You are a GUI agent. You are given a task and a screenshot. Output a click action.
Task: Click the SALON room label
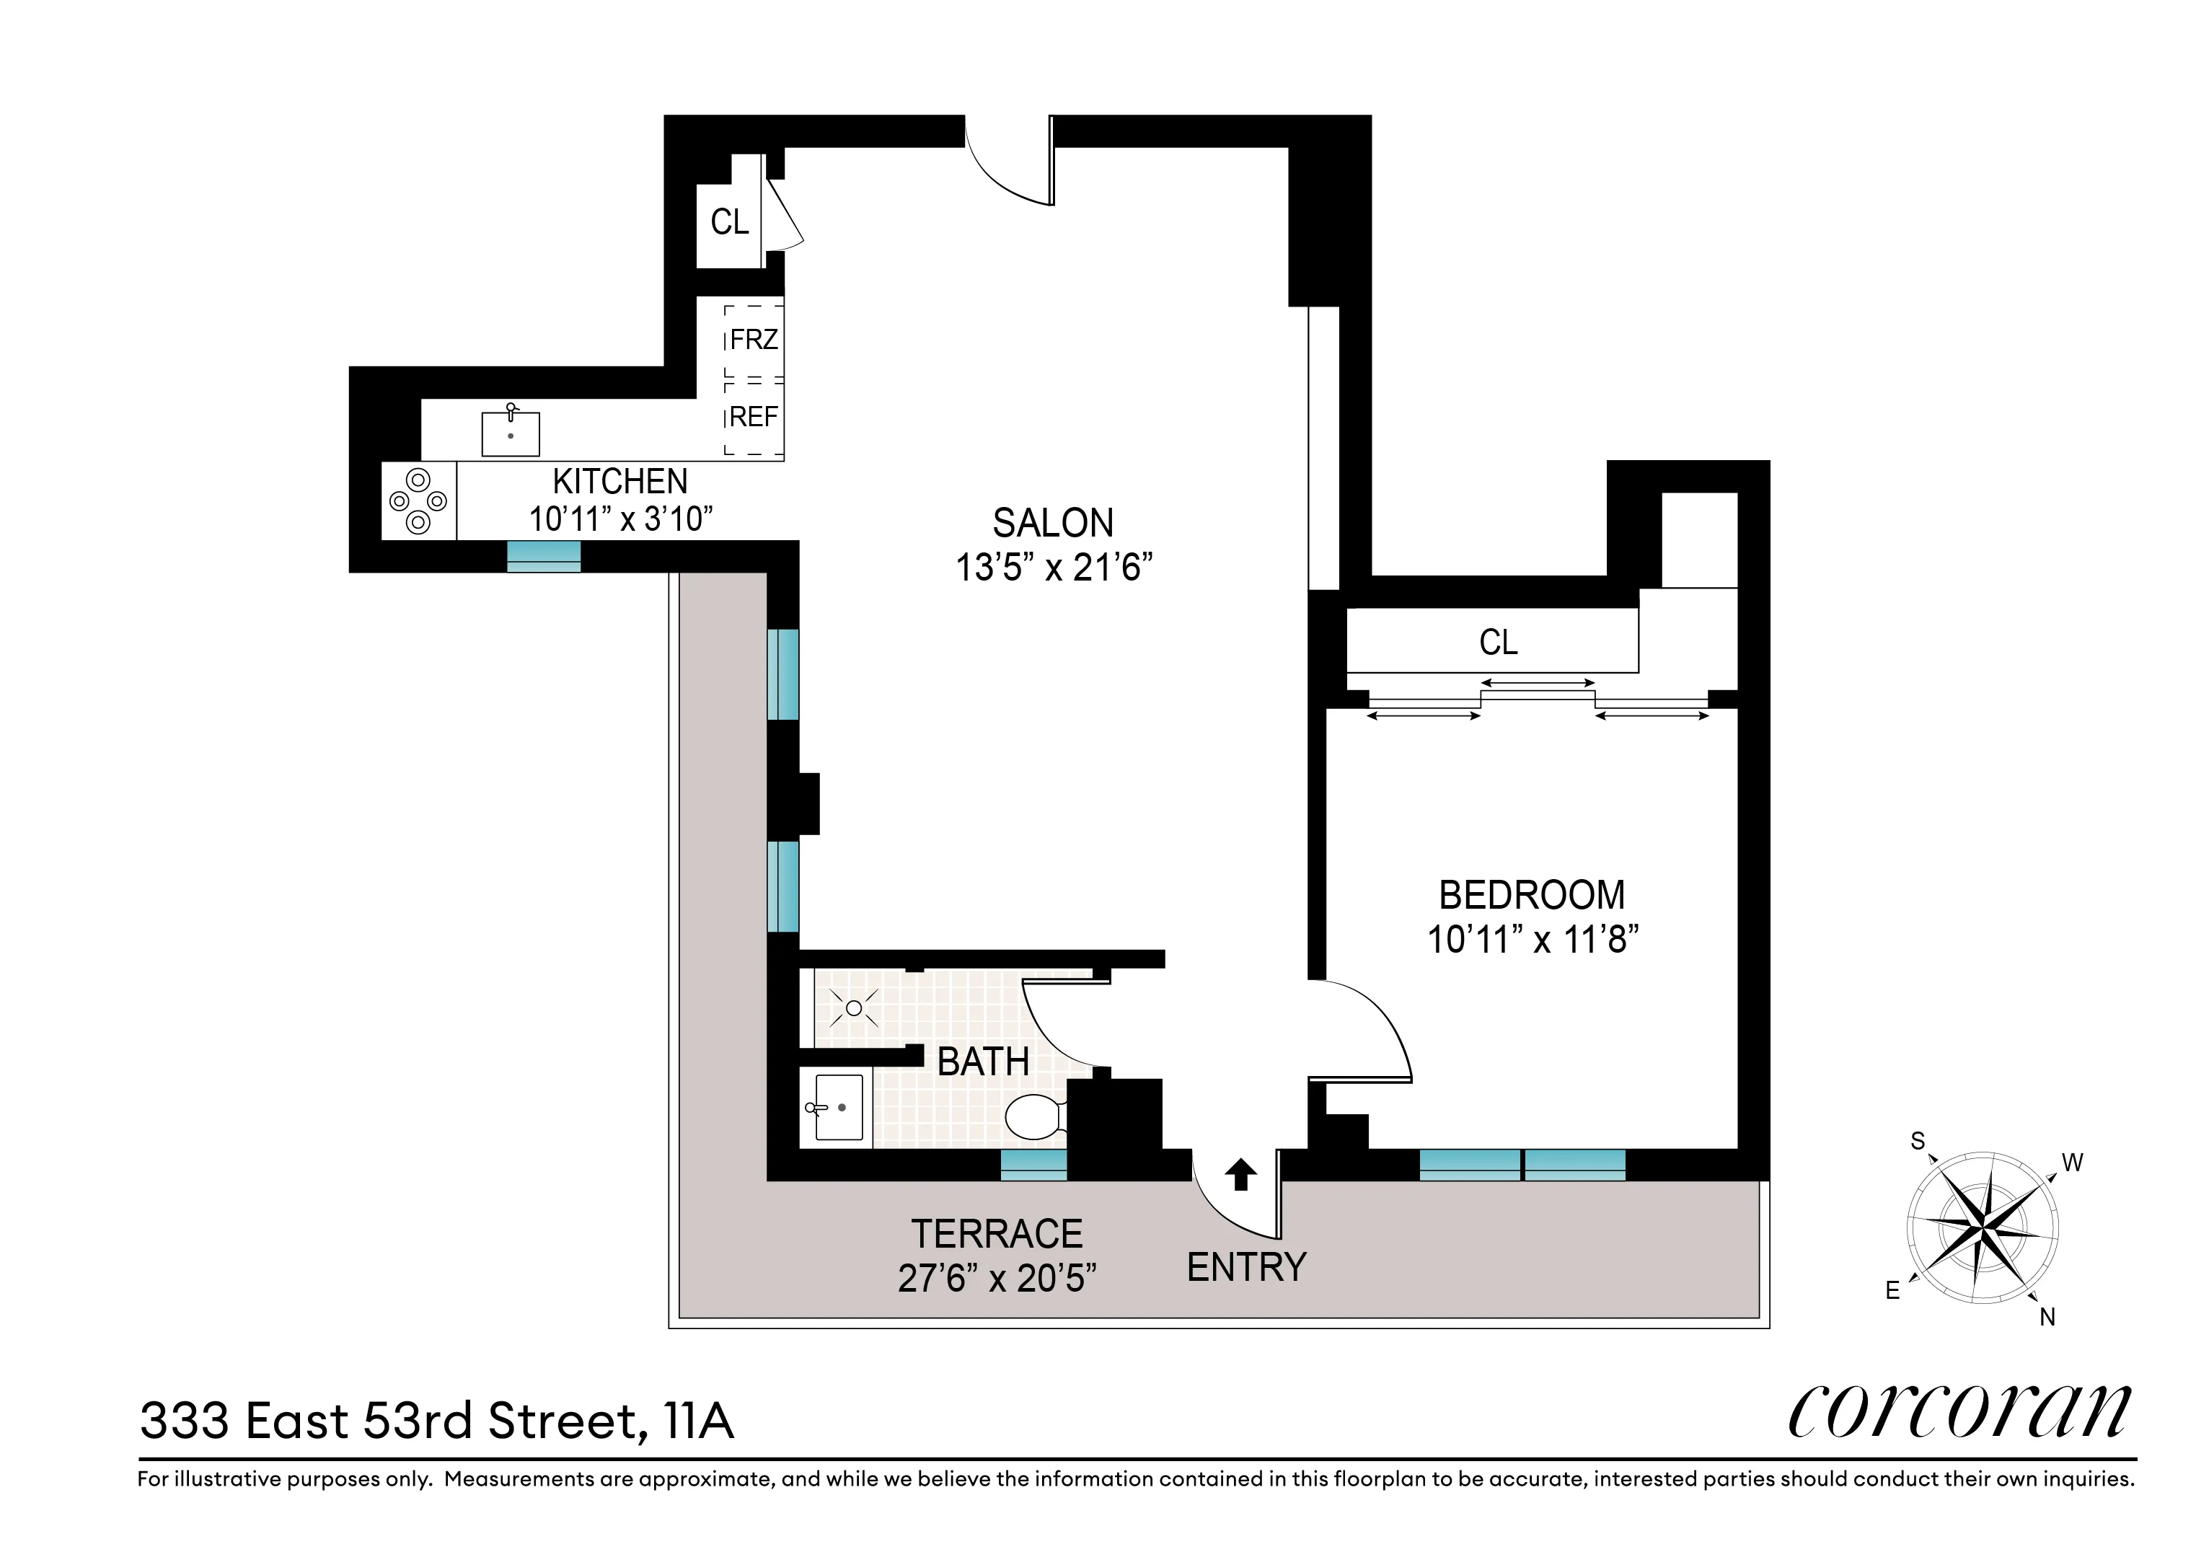[x=1053, y=523]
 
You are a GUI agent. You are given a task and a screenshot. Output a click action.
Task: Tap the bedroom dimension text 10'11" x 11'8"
[x=1533, y=940]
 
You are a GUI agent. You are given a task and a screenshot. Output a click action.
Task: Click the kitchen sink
[x=510, y=433]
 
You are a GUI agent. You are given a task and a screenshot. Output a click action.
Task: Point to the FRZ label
[x=754, y=340]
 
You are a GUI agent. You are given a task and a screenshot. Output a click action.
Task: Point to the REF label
[x=754, y=417]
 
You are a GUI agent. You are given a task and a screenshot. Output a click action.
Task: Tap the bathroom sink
[x=838, y=1107]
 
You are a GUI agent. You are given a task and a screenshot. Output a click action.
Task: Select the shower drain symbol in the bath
[x=854, y=1008]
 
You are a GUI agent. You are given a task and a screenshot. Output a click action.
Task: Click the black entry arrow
[x=1240, y=1174]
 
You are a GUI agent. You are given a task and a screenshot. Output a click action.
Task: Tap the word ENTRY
[x=1246, y=1267]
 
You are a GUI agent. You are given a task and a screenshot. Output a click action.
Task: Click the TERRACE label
[x=997, y=1233]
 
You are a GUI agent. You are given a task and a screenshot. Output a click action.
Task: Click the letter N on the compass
[x=2047, y=1317]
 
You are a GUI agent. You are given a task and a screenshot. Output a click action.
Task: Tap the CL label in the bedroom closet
[x=1498, y=642]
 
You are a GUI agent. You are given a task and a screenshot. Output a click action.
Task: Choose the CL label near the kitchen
[x=730, y=222]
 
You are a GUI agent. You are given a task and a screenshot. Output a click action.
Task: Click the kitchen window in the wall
[x=543, y=555]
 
